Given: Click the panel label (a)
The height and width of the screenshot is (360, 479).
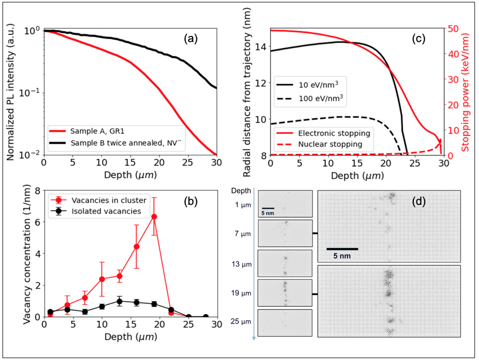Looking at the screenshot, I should pyautogui.click(x=191, y=39).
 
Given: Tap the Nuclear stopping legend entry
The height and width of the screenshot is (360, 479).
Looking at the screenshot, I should pyautogui.click(x=330, y=144).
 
